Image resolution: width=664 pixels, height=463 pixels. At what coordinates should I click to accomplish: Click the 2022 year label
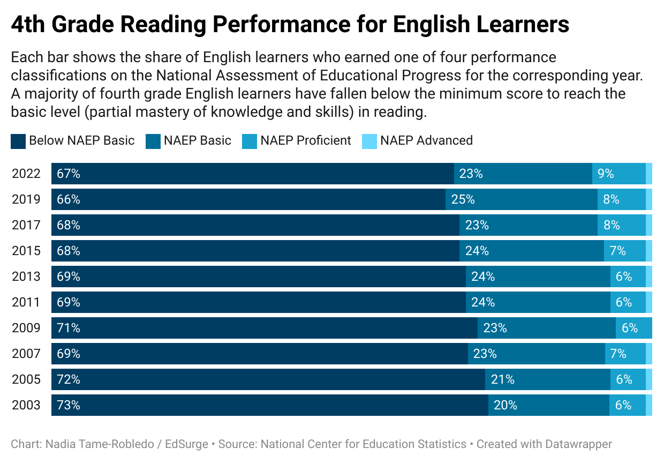(26, 174)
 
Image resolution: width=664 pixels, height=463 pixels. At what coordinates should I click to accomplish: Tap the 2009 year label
(26, 328)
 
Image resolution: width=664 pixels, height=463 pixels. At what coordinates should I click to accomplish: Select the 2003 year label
(26, 405)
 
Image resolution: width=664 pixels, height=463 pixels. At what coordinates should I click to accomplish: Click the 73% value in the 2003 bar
(69, 405)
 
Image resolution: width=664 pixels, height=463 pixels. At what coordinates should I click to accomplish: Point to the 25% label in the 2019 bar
(463, 199)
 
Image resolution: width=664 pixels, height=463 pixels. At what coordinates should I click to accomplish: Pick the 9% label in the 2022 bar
(606, 174)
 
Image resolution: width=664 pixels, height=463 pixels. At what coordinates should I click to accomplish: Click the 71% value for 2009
(69, 328)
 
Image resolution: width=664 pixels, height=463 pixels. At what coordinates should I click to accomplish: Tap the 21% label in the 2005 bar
(503, 379)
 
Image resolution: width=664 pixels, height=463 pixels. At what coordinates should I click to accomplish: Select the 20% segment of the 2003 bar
(548, 405)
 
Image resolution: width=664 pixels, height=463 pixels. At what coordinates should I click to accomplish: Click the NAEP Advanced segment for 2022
(649, 174)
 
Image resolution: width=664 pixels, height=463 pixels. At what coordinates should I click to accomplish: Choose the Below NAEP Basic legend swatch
(18, 141)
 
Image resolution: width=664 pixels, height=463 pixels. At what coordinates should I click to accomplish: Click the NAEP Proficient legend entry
(305, 140)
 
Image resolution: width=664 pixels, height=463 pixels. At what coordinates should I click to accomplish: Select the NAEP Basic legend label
(198, 140)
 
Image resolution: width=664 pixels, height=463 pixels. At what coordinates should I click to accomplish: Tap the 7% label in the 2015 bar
(617, 251)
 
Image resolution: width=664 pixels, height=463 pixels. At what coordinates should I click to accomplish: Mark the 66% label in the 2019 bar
(69, 199)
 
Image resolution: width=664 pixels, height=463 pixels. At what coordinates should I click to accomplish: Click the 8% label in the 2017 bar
(612, 225)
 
